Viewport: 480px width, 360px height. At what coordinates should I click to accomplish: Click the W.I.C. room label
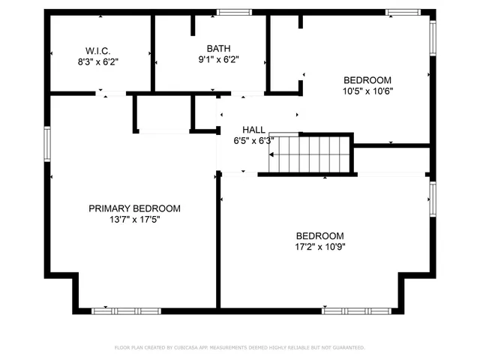pos(100,51)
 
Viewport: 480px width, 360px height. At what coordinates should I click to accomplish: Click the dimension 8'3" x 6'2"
pos(100,62)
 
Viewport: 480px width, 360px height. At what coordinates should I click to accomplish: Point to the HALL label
pos(253,129)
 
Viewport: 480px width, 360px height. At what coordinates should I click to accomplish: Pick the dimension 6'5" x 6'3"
pos(253,140)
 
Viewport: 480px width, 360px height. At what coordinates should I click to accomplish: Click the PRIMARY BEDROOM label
pos(134,208)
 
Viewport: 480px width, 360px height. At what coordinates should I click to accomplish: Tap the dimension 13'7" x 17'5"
pos(134,220)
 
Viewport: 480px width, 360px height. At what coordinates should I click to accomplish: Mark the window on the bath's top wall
pos(234,12)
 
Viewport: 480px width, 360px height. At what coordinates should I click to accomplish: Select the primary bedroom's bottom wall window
pos(126,310)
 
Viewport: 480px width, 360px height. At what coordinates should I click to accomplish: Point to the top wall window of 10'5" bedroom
pos(403,12)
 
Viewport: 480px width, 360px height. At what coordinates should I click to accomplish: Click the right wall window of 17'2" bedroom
pos(432,199)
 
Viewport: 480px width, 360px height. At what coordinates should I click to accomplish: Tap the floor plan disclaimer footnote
pos(239,348)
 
